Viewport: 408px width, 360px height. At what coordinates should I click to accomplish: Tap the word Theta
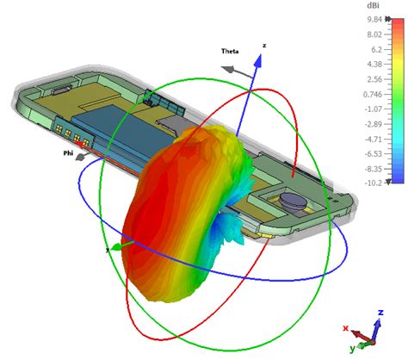pos(230,51)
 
